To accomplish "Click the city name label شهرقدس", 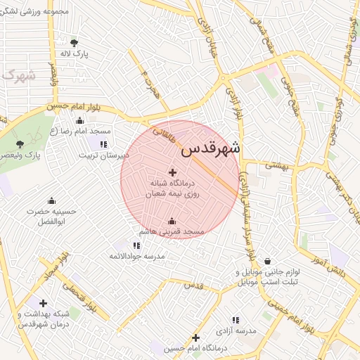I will pyautogui.click(x=210, y=148).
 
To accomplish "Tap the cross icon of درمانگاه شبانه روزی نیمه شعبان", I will pyautogui.click(x=173, y=172).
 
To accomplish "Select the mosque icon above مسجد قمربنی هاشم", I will pyautogui.click(x=172, y=221).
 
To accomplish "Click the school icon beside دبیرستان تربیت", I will pyautogui.click(x=103, y=144).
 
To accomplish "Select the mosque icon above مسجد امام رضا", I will pyautogui.click(x=79, y=121).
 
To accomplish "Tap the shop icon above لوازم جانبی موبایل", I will pyautogui.click(x=266, y=261).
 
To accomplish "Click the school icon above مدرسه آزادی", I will pyautogui.click(x=235, y=319).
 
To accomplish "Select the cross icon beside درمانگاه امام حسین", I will pyautogui.click(x=195, y=337).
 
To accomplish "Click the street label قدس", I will pyautogui.click(x=193, y=285).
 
